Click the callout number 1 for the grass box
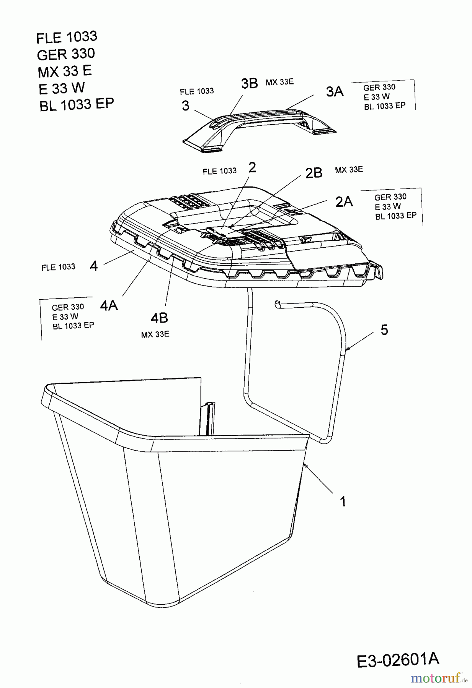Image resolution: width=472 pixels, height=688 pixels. [343, 501]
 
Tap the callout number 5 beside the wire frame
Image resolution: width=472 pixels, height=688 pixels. [384, 329]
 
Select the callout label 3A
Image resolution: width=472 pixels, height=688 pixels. [335, 91]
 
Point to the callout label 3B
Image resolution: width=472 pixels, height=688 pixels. [250, 83]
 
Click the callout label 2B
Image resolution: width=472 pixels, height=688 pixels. [314, 173]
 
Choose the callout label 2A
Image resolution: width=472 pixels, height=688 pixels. [344, 201]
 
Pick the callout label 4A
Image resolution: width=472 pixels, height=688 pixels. [109, 305]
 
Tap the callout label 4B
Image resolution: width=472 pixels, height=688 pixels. [159, 318]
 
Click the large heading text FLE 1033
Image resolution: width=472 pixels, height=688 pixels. [67, 37]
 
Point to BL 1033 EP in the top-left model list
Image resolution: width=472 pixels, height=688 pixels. [77, 105]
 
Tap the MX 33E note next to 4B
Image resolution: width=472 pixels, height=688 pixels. [155, 334]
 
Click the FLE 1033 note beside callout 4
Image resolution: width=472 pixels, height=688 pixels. [58, 267]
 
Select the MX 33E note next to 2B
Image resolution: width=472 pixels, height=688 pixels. [349, 170]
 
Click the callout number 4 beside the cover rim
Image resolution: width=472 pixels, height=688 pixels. [94, 266]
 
